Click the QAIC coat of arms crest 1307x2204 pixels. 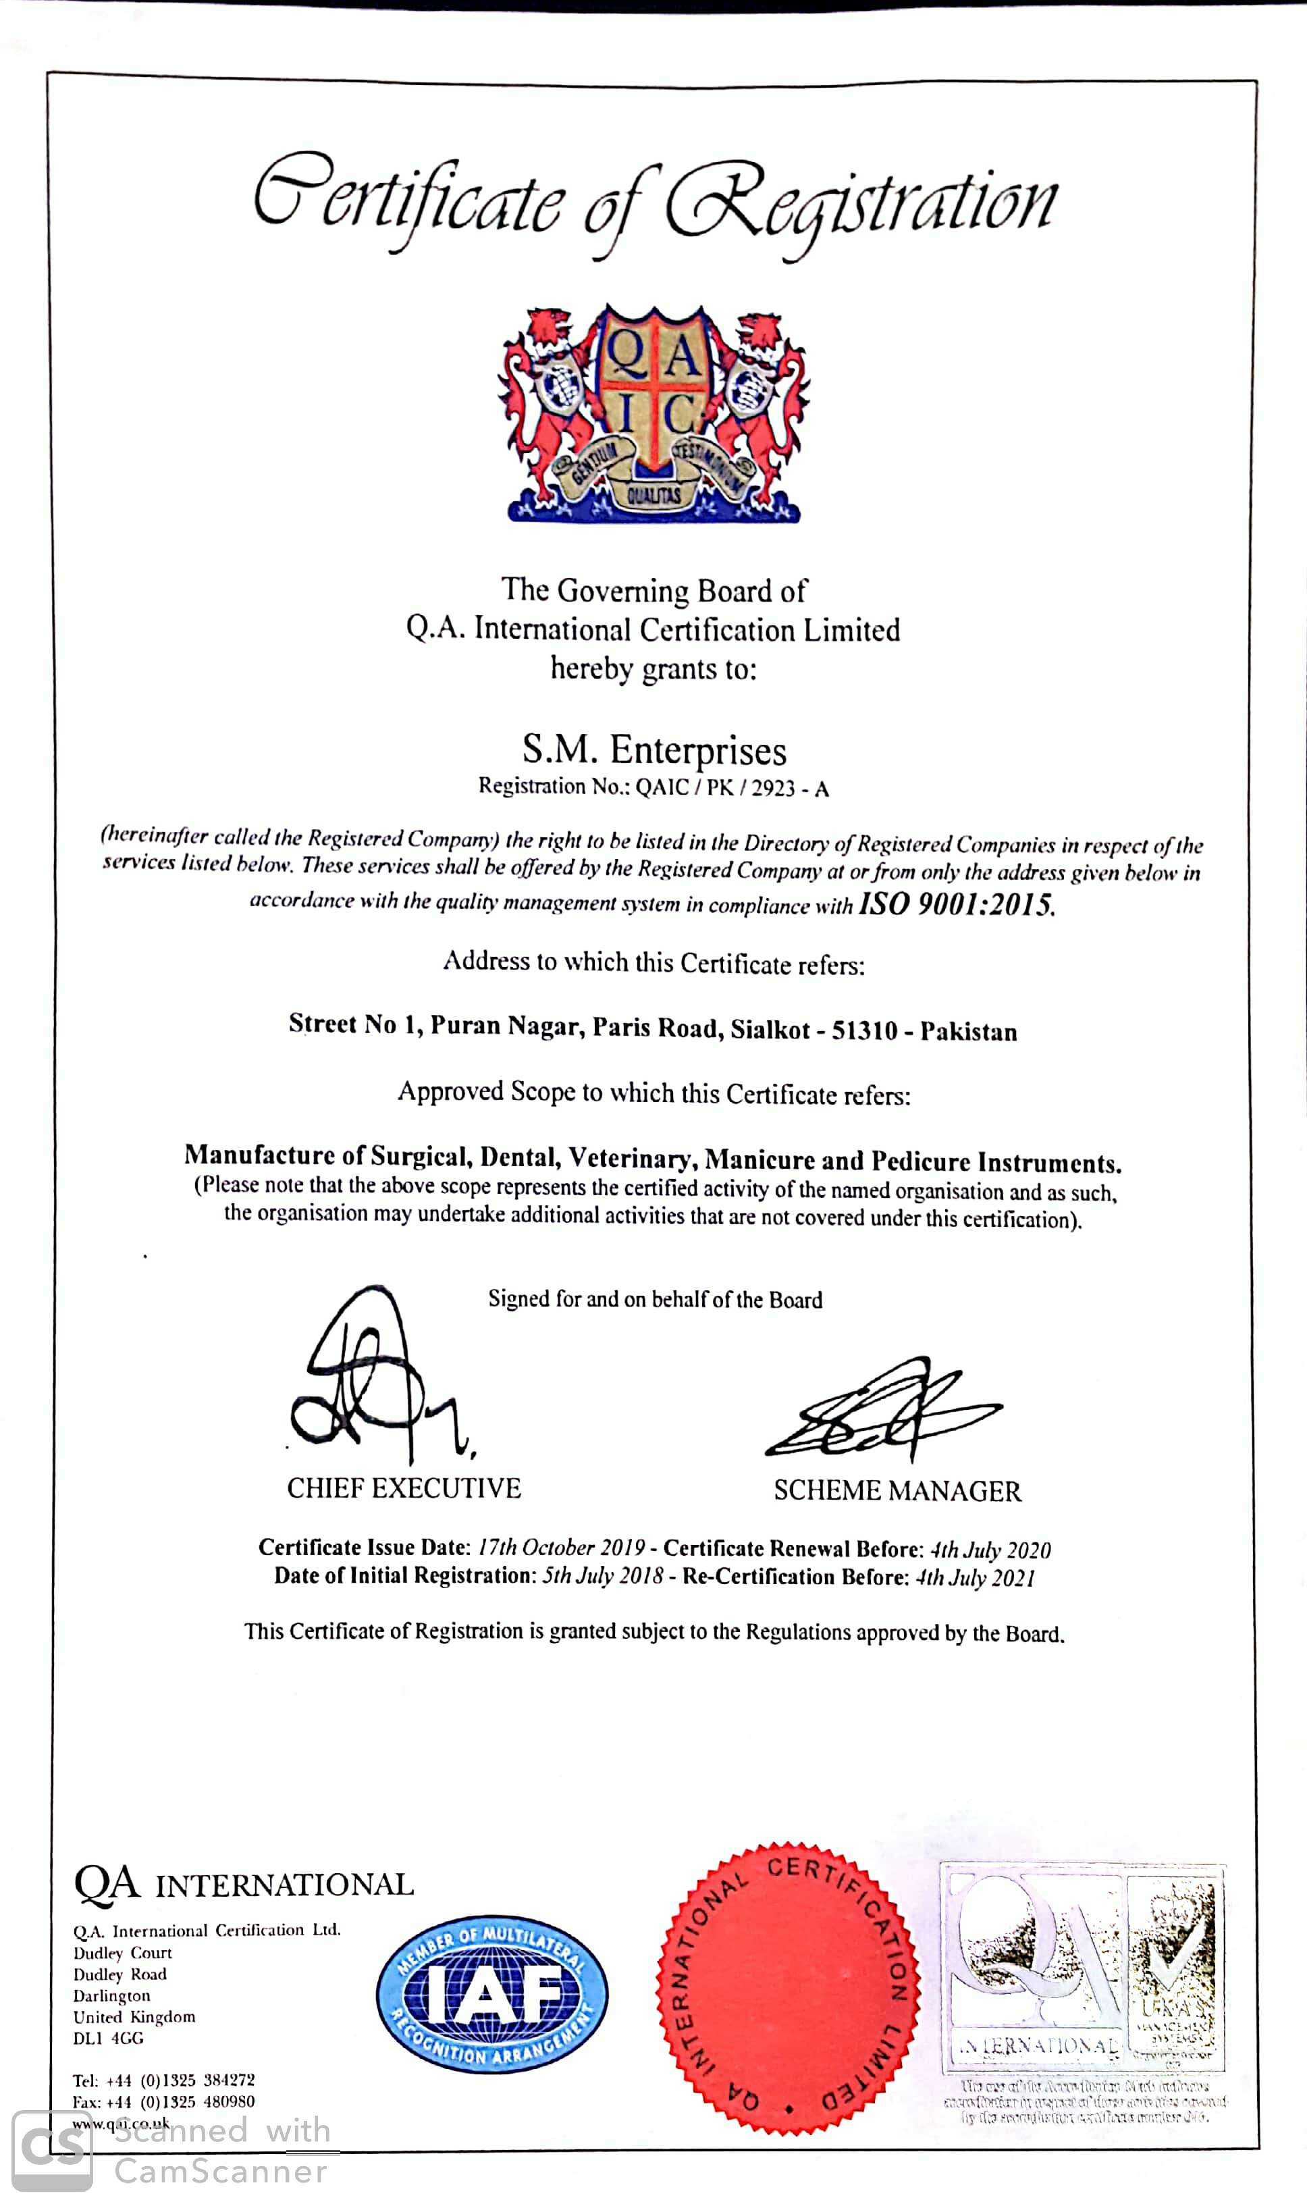[653, 414]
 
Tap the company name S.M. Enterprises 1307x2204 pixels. [653, 750]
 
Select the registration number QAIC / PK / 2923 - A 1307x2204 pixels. [732, 787]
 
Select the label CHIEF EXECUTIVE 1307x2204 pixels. [404, 1489]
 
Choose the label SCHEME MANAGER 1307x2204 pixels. [897, 1490]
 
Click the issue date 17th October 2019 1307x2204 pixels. [561, 1548]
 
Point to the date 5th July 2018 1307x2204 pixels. [602, 1575]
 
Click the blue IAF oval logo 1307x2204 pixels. [491, 1993]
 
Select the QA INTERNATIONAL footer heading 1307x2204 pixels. [244, 1884]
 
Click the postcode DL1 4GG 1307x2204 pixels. [108, 2037]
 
